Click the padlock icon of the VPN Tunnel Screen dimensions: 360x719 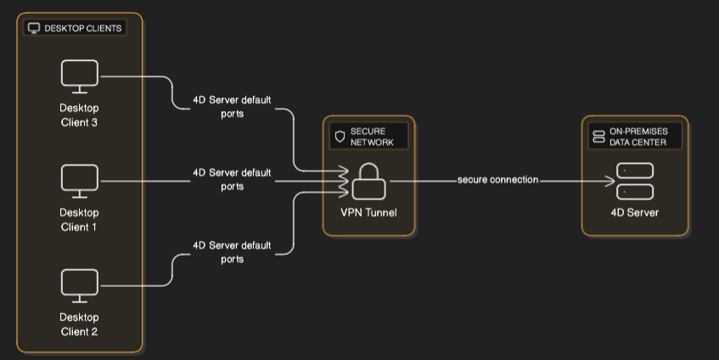click(x=369, y=179)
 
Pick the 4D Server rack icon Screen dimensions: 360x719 click(x=634, y=181)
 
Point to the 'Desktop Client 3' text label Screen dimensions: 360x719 click(x=80, y=115)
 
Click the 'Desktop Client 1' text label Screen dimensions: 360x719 click(x=80, y=220)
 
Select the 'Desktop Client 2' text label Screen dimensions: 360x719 click(x=80, y=324)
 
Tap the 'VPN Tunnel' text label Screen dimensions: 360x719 click(x=369, y=212)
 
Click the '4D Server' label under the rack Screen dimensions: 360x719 click(x=634, y=212)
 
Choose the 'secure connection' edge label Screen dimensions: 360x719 click(x=497, y=180)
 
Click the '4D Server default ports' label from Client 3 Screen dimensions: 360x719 click(x=232, y=107)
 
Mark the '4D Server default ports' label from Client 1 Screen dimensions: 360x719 click(x=232, y=179)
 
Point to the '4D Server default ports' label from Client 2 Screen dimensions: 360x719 click(x=232, y=252)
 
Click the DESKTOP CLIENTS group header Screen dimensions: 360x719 click(x=76, y=28)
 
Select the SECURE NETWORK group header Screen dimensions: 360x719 click(x=369, y=137)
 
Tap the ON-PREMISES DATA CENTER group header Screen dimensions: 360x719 click(x=634, y=137)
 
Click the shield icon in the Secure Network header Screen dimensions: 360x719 click(x=340, y=137)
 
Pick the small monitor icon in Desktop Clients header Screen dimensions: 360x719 click(x=34, y=28)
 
